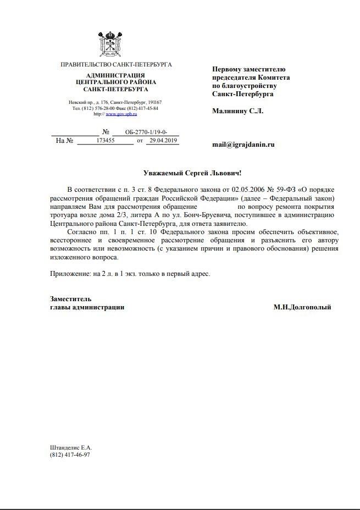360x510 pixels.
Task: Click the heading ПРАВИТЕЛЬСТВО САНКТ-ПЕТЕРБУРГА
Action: pos(116,65)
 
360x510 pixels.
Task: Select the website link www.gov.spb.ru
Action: pos(121,114)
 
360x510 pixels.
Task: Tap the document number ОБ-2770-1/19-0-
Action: pos(145,132)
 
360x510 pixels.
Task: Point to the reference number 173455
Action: pos(105,141)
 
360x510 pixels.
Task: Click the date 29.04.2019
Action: pos(163,141)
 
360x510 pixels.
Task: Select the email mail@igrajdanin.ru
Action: pos(243,145)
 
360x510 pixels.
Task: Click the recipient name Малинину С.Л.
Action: pos(238,111)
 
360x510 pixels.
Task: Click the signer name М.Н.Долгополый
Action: pos(302,307)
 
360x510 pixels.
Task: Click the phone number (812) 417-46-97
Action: pos(70,455)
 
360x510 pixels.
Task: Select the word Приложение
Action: pos(69,273)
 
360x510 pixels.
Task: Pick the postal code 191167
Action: pos(153,103)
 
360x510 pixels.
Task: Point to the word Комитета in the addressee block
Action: pos(273,77)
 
